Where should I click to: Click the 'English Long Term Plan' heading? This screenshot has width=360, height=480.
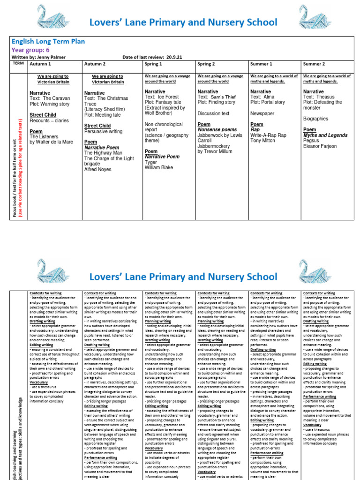click(48, 41)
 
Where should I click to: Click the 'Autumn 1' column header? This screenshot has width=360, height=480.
click(40, 64)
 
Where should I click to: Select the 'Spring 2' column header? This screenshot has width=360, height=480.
click(207, 64)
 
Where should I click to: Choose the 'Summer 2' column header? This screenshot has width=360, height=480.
click(314, 64)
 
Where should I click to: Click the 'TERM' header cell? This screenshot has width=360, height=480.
click(18, 63)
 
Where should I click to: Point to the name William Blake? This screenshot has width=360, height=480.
click(159, 167)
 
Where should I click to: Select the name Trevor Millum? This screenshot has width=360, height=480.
click(216, 152)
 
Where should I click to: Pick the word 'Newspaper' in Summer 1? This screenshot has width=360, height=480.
click(262, 113)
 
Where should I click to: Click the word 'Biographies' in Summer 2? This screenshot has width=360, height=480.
click(316, 119)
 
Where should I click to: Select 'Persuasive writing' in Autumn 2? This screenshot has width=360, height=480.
click(103, 132)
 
